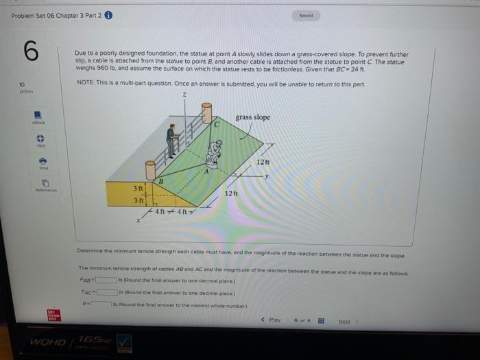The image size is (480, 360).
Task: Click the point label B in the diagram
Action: pyautogui.click(x=160, y=181)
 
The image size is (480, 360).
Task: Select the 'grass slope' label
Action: pyautogui.click(x=252, y=117)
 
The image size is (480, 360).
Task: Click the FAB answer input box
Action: pyautogui.click(x=106, y=280)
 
